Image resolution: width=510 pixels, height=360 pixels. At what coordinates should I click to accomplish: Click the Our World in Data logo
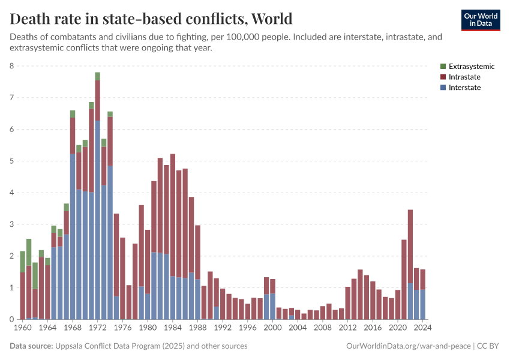pyautogui.click(x=480, y=20)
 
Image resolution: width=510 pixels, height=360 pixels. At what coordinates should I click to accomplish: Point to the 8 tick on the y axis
pyautogui.click(x=12, y=66)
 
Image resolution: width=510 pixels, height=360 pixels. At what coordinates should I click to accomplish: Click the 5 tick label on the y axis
pyautogui.click(x=12, y=161)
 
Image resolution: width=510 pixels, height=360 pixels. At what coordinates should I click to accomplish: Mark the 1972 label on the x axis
pyautogui.click(x=98, y=328)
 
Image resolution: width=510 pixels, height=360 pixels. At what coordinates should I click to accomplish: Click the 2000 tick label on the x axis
pyautogui.click(x=273, y=328)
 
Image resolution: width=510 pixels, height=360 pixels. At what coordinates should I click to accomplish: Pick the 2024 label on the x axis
pyautogui.click(x=423, y=328)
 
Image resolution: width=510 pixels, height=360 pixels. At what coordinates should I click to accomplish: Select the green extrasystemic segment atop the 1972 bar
pyautogui.click(x=97, y=76)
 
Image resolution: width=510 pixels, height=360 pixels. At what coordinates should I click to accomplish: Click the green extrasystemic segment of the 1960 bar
pyautogui.click(x=23, y=262)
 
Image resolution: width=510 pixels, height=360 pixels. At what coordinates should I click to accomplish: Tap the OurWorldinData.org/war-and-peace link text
pyautogui.click(x=408, y=346)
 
